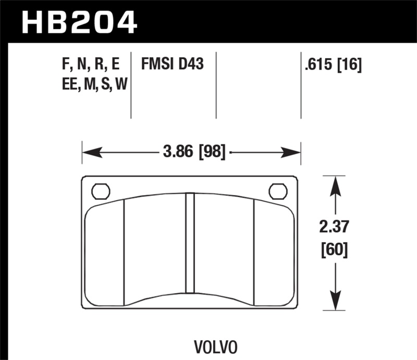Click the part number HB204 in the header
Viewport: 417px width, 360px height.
pos(78,21)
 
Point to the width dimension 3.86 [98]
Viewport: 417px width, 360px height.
pos(194,153)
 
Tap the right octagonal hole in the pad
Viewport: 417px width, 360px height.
pos(278,192)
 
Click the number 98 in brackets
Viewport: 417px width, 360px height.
pos(213,153)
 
